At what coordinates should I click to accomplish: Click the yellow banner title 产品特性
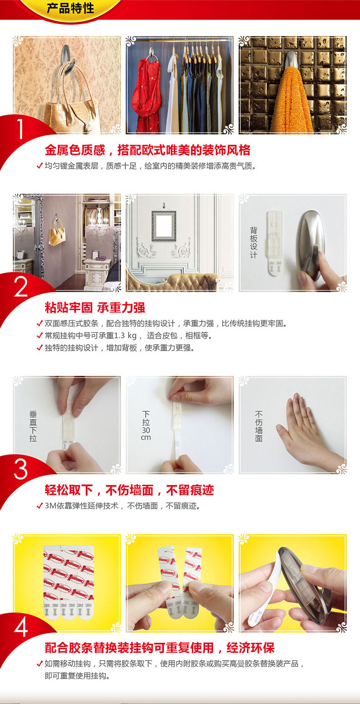(x=71, y=8)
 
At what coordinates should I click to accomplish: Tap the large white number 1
(x=21, y=129)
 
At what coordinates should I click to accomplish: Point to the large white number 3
(x=21, y=469)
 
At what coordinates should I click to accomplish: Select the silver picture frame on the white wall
(x=164, y=226)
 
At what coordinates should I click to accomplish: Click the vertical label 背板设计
(x=253, y=242)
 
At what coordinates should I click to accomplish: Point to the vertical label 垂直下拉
(x=33, y=426)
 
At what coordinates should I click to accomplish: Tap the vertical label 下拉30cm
(x=146, y=425)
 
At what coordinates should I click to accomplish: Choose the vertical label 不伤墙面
(x=258, y=426)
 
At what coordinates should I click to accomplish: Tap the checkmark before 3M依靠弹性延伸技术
(x=40, y=506)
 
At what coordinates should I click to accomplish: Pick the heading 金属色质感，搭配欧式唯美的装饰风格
(x=147, y=150)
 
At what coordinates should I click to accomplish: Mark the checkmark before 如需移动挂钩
(x=40, y=663)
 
